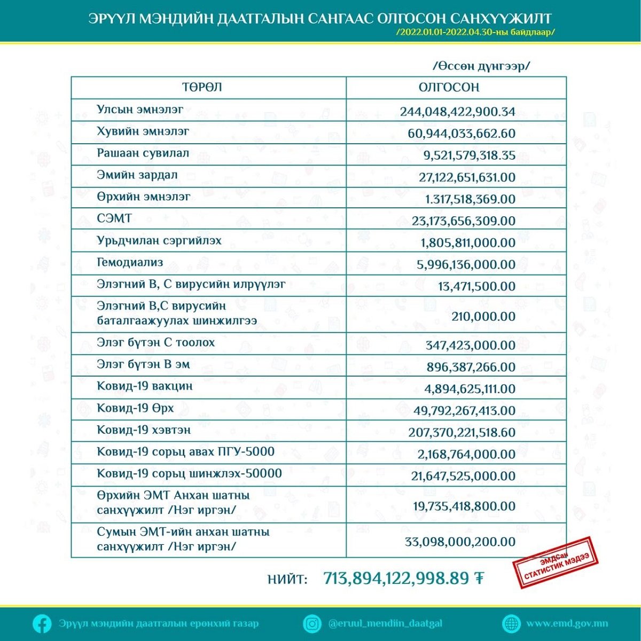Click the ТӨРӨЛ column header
click(202, 88)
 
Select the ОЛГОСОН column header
click(449, 88)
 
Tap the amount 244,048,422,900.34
click(457, 112)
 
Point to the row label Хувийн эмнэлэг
click(143, 131)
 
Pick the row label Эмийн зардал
click(137, 175)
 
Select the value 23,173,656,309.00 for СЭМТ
click(463, 221)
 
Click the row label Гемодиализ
click(130, 262)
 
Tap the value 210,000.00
click(483, 316)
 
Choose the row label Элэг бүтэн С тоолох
click(155, 342)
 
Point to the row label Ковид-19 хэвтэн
click(143, 430)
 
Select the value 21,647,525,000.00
click(463, 476)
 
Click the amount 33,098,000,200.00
click(460, 542)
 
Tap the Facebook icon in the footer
click(42, 623)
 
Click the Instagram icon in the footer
click(312, 623)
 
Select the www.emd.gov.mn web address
click(567, 623)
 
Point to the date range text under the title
click(476, 32)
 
